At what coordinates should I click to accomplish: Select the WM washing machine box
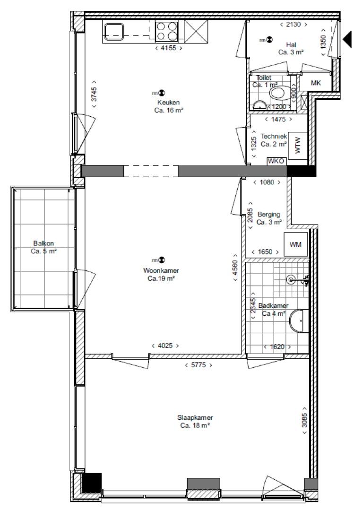[x=296, y=244]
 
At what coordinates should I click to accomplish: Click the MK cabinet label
[x=316, y=83]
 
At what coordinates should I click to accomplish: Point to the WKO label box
[x=277, y=161]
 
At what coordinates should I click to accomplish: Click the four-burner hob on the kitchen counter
[x=167, y=32]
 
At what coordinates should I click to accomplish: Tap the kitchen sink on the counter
[x=113, y=32]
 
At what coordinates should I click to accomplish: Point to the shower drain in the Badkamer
[x=291, y=280]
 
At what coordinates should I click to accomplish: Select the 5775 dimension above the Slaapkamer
[x=197, y=365]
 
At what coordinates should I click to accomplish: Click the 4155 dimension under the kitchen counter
[x=168, y=48]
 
